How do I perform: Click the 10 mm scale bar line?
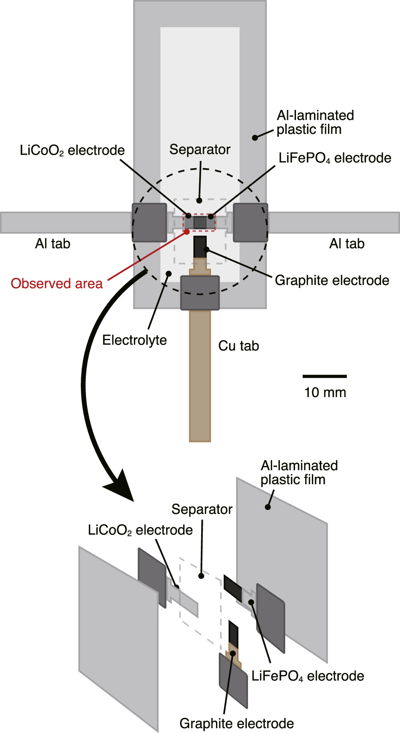pos(324,376)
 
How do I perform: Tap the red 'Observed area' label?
pos(57,283)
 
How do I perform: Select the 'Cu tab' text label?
pos(238,346)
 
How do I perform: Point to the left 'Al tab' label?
pos(53,243)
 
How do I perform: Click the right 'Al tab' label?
pos(347,243)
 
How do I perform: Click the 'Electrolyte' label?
pos(134,340)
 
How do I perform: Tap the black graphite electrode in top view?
pos(200,247)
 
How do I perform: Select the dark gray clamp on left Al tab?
pos(149,223)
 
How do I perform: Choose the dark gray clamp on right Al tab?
pos(250,223)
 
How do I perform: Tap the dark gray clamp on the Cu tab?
pos(200,293)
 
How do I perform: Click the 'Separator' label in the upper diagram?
pos(200,149)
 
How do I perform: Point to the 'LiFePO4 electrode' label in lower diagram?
pos(308,676)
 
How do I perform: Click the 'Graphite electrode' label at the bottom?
pos(236,723)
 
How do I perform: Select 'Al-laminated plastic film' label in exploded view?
pos(299,472)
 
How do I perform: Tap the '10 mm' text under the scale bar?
pos(325,392)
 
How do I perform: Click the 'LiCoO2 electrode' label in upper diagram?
pos(72,150)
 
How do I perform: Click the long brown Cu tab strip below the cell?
pos(200,376)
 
